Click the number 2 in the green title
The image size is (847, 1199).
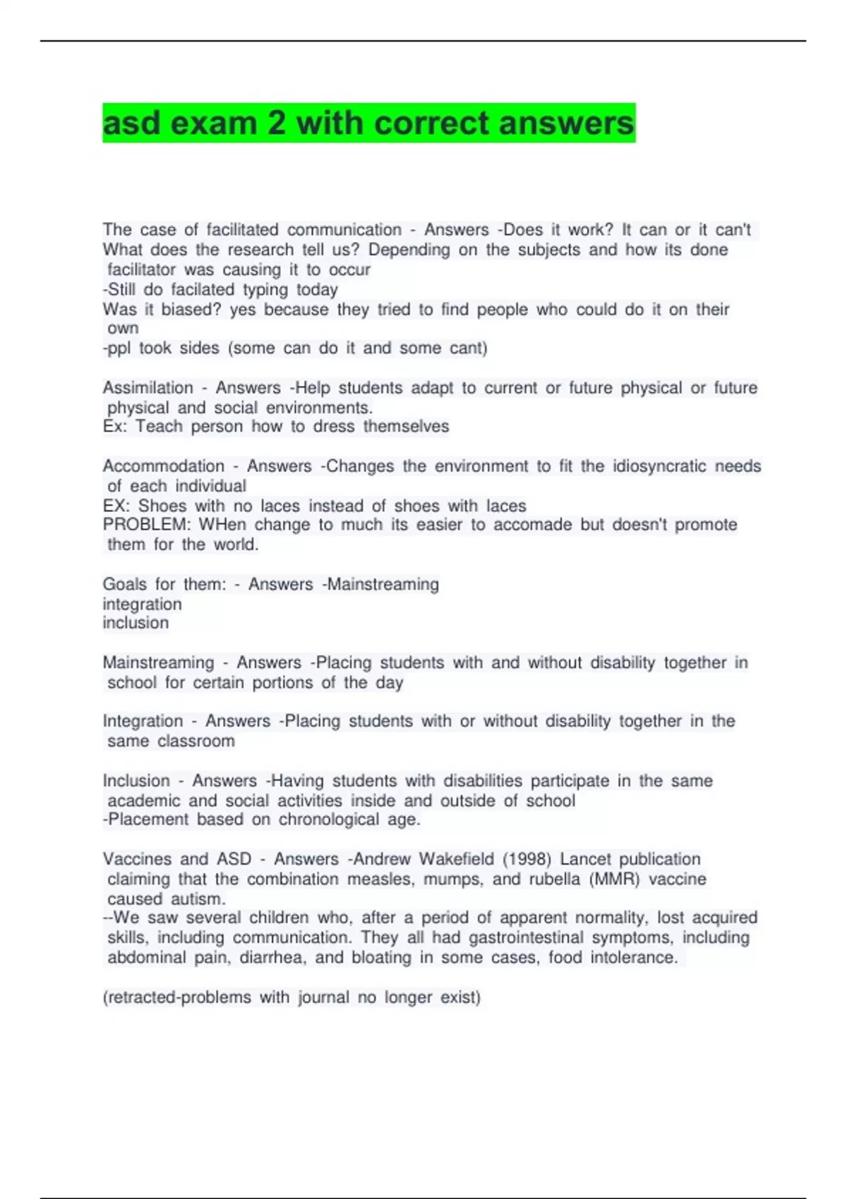(276, 123)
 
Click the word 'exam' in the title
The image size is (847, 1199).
(214, 123)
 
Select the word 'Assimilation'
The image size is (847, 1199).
(148, 388)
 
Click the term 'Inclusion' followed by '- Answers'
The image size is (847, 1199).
(136, 781)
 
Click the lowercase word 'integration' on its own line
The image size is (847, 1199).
(142, 604)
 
